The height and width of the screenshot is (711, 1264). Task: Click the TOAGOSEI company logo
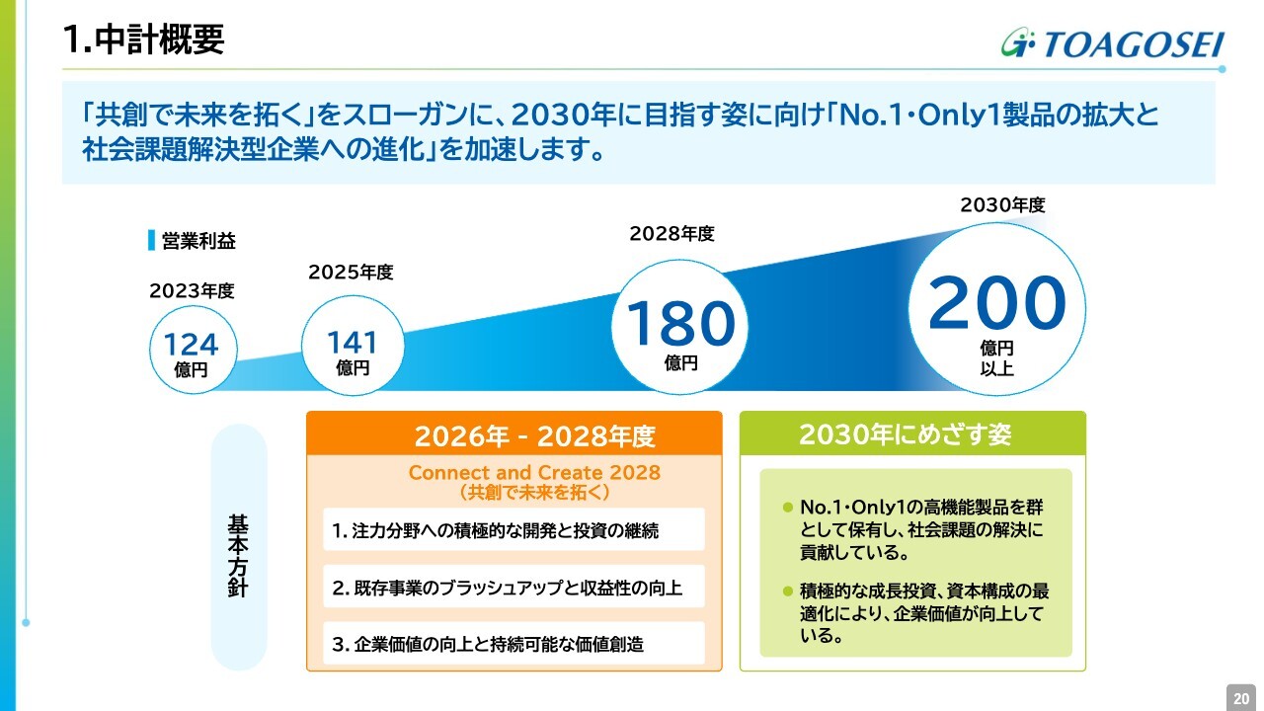[1113, 43]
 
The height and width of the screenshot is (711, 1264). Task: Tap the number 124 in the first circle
[191, 345]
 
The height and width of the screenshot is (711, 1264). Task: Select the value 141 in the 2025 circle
[353, 343]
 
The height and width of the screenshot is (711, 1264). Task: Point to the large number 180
[680, 323]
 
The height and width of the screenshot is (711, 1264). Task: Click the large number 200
[997, 302]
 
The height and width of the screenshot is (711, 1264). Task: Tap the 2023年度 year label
[192, 291]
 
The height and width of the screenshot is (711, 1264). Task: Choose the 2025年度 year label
[351, 273]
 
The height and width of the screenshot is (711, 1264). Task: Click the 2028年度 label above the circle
[672, 234]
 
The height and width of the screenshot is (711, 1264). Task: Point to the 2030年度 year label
[1002, 204]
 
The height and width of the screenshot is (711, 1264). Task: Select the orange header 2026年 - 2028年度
[534, 435]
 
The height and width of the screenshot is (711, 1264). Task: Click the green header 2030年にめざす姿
[906, 434]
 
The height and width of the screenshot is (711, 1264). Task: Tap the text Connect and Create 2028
[534, 472]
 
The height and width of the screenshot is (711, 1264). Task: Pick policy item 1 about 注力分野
[495, 531]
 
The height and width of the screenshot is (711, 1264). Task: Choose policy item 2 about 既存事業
[507, 588]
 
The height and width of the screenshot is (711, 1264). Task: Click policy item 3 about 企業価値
[488, 645]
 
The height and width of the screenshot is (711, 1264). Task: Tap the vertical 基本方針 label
[238, 555]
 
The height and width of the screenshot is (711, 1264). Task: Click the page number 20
[1241, 698]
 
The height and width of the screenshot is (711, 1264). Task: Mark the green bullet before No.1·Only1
[788, 508]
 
